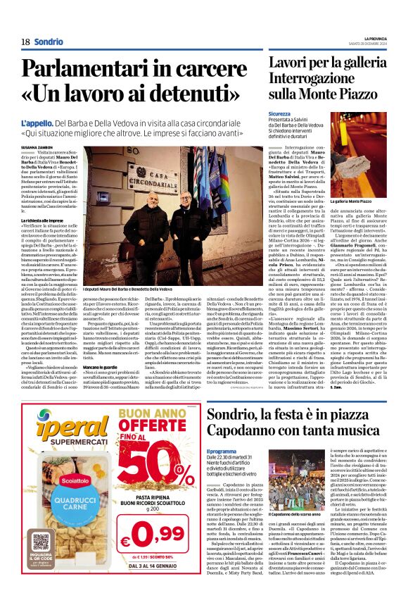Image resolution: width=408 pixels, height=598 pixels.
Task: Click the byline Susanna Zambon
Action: pos(36,147)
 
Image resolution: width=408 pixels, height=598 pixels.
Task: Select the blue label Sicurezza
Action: pos(279,113)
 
